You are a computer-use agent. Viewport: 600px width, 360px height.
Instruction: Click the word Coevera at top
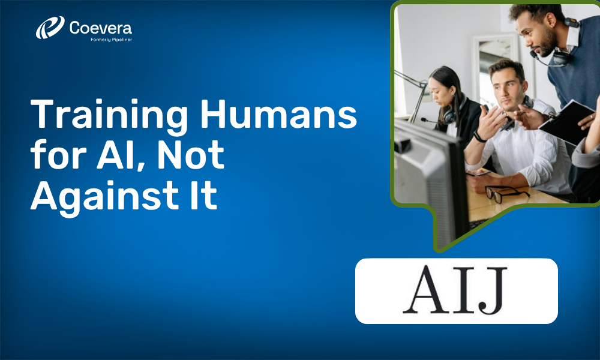point(100,27)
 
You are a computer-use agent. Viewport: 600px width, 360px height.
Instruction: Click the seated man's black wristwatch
point(479,137)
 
